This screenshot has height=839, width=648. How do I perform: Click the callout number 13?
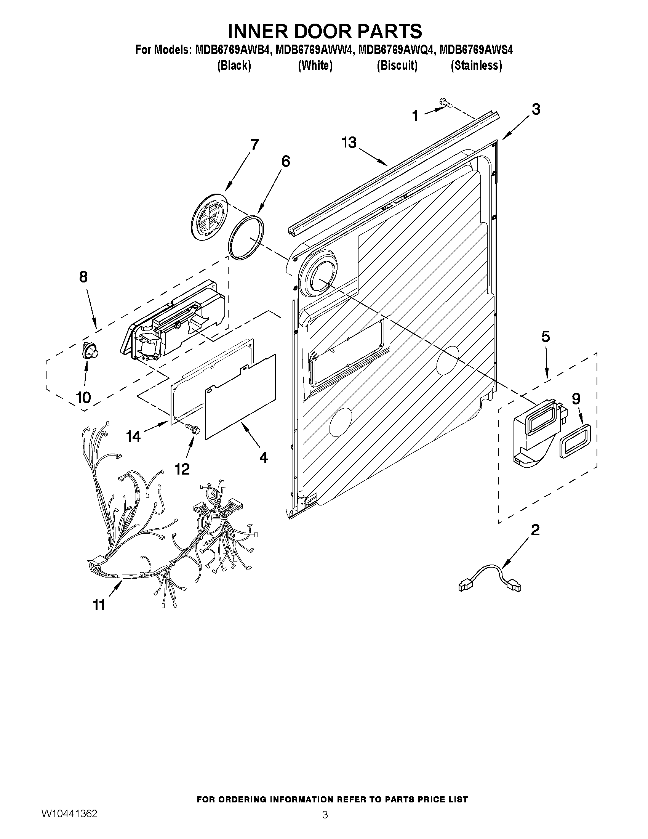click(x=349, y=143)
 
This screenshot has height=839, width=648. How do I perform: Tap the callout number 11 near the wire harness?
click(x=99, y=605)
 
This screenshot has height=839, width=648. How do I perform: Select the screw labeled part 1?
click(x=446, y=103)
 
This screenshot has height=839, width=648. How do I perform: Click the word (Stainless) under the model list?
click(x=476, y=66)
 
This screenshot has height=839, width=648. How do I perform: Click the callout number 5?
click(x=545, y=337)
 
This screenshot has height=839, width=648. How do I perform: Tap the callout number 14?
click(x=134, y=436)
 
